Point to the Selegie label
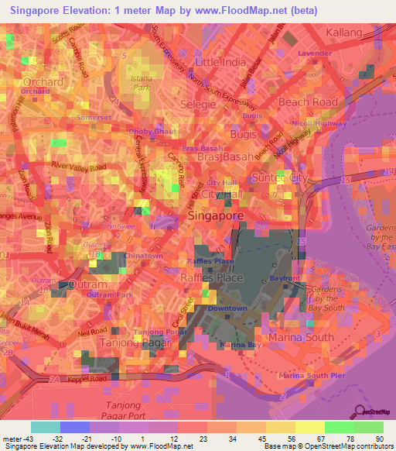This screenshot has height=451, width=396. point(197,103)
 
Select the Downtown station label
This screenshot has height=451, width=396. point(229,308)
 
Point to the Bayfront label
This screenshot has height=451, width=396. point(292,277)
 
